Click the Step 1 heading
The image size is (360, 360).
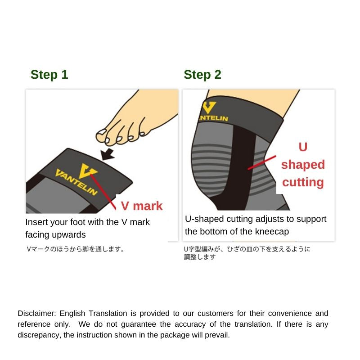point(49,75)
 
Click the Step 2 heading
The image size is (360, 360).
point(202,75)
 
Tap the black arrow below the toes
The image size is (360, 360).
point(108,154)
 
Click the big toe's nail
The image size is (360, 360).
point(101,132)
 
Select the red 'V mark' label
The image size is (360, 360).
point(142,206)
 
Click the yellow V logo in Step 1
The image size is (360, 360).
point(87,171)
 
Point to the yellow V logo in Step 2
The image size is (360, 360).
point(208,108)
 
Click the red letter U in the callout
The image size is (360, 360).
point(303,147)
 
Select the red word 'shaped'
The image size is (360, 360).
point(303,165)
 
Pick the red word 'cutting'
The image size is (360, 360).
point(303,182)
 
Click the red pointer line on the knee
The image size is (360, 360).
point(262,163)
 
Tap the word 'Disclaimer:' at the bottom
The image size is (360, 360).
point(37,313)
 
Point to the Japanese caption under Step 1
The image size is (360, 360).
point(76,249)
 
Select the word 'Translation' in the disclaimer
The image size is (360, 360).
point(108,313)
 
